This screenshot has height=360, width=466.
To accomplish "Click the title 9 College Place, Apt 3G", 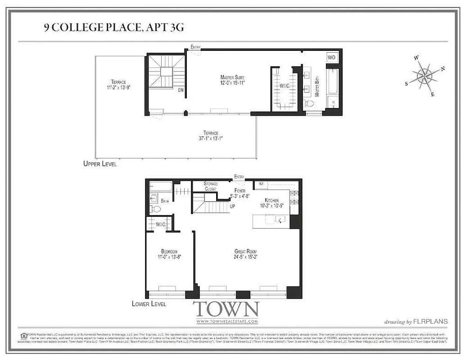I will click(x=114, y=28).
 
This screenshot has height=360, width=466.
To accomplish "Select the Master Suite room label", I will click(x=232, y=80).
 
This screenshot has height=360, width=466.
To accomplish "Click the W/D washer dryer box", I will click(x=332, y=58).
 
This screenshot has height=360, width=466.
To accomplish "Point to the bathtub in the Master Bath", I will click(x=334, y=81).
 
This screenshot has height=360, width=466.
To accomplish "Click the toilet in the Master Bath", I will click(x=309, y=103).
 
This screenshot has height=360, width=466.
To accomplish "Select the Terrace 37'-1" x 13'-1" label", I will click(x=210, y=135).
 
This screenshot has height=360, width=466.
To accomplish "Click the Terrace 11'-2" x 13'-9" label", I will click(x=118, y=85).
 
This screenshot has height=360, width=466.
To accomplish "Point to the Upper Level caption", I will click(x=100, y=164).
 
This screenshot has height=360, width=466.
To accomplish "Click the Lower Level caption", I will click(x=149, y=304).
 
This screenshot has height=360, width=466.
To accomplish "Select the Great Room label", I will click(x=245, y=254).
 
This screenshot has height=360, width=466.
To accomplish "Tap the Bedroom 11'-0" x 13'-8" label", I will click(x=169, y=254).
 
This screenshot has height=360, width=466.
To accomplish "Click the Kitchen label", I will click(x=271, y=203).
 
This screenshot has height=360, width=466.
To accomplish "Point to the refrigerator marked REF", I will click(x=261, y=184).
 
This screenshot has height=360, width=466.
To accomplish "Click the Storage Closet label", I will click(x=210, y=186).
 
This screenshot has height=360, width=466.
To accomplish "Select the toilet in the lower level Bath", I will click(x=155, y=209).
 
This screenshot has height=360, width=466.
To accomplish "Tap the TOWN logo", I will click(x=226, y=311).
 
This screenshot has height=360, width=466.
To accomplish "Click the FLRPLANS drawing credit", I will click(x=416, y=321).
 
